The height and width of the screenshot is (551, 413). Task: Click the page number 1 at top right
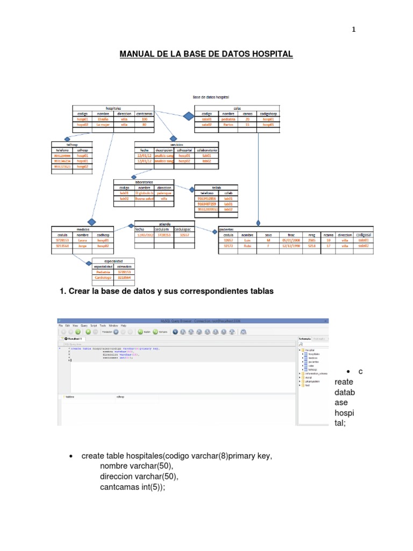tap(353, 30)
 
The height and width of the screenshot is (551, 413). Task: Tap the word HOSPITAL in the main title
tap(268, 54)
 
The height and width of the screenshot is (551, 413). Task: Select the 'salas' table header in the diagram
tap(237, 108)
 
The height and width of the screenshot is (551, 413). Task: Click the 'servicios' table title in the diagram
tap(176, 144)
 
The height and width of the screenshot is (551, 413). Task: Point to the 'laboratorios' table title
tap(144, 181)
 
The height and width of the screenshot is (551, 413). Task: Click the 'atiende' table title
tap(165, 223)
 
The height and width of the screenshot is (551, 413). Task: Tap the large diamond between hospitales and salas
tap(188, 117)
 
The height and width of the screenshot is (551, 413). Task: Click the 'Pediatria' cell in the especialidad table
tap(103, 272)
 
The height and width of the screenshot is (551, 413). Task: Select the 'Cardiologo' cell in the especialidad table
tap(103, 278)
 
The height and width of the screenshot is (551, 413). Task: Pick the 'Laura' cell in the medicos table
tap(82, 241)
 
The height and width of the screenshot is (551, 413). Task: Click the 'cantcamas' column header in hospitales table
tap(144, 114)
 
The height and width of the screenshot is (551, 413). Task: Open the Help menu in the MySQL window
tap(124, 326)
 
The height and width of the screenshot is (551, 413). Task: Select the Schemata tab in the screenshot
tap(305, 338)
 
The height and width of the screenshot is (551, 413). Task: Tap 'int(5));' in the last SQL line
tap(150, 487)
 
